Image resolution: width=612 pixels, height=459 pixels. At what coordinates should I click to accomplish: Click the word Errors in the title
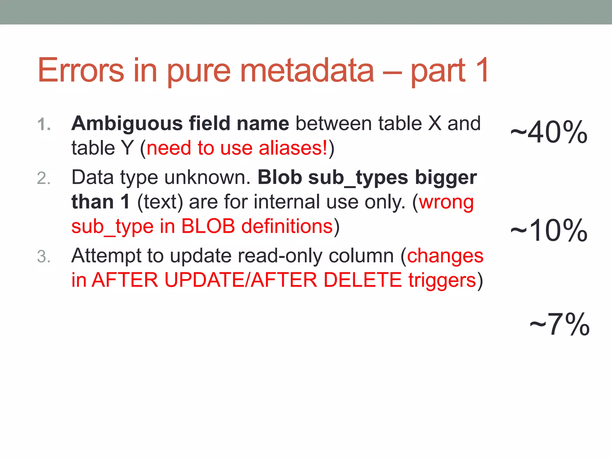81,70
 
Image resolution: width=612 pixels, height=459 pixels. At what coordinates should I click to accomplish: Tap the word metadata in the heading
307,70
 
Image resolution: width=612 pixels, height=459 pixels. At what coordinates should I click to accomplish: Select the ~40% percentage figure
549,132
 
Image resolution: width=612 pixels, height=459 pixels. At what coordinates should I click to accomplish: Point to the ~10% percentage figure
549,230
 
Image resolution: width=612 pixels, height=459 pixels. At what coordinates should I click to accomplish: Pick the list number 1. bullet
44,124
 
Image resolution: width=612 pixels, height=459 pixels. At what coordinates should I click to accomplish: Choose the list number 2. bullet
44,178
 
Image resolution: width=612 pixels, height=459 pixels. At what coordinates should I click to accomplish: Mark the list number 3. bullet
44,257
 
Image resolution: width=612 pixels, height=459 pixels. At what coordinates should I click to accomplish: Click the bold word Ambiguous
127,123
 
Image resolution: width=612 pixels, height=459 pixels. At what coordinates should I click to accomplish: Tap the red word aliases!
293,148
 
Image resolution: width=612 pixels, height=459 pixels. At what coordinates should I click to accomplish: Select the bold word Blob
280,177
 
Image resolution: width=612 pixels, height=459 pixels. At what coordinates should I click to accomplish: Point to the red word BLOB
208,226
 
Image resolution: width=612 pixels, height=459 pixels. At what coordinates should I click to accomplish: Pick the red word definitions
287,226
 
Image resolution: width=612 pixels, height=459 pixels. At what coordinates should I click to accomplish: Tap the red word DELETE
362,280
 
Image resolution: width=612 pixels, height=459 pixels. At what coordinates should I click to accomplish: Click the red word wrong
446,203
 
